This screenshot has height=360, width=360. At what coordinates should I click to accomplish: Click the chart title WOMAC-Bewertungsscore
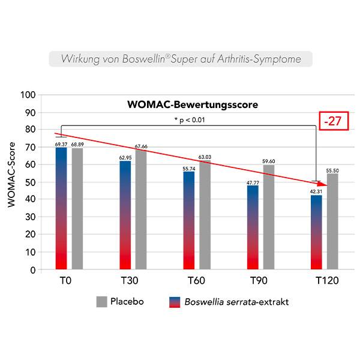pyautogui.click(x=193, y=104)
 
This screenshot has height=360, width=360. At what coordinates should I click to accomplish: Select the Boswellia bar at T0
pyautogui.click(x=61, y=210)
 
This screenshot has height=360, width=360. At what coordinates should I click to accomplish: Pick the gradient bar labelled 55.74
pyautogui.click(x=189, y=222)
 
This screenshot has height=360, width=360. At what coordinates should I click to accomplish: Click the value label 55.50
pyautogui.click(x=332, y=170)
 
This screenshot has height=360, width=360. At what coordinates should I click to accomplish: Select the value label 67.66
pyautogui.click(x=141, y=146)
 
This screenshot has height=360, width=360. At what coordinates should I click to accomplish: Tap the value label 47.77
pyautogui.click(x=253, y=182)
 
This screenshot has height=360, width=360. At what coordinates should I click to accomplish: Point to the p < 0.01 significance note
pyautogui.click(x=191, y=120)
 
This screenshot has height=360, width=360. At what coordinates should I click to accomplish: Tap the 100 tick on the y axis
pyautogui.click(x=29, y=95)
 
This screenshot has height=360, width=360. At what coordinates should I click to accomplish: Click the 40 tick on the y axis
pyautogui.click(x=31, y=200)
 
